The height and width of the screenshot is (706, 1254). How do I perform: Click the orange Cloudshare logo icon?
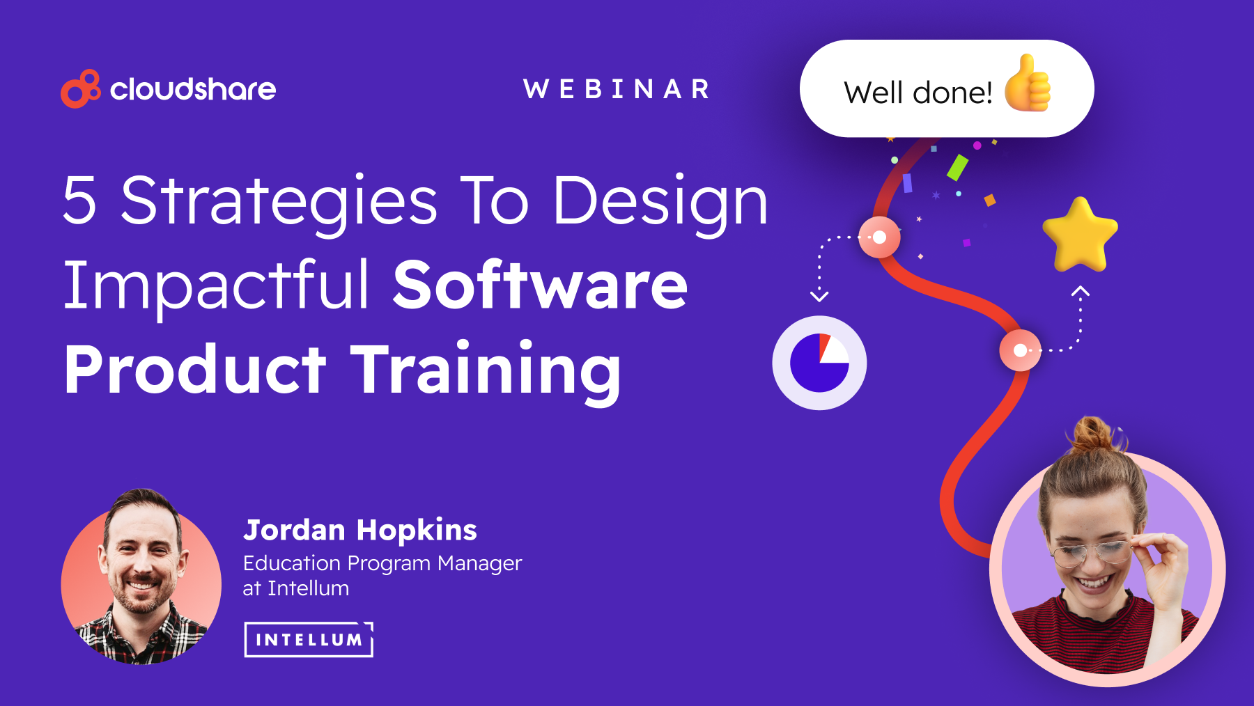(80, 89)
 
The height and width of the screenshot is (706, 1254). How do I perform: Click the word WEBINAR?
(617, 89)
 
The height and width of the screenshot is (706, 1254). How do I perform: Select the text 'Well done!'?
(918, 93)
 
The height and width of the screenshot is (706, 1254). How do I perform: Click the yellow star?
(1080, 235)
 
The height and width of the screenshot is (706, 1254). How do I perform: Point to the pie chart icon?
(819, 363)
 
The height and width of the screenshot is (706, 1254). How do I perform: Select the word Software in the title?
(541, 285)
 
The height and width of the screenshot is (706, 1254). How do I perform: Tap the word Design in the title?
(660, 202)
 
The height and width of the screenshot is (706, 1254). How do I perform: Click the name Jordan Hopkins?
(360, 530)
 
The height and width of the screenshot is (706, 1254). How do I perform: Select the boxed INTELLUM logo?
(309, 639)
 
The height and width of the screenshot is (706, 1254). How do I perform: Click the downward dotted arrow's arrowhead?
(819, 297)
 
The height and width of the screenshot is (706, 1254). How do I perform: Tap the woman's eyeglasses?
(1091, 554)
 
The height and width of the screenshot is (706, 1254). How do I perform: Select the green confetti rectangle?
(957, 168)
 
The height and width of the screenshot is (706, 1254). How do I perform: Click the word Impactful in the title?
(216, 285)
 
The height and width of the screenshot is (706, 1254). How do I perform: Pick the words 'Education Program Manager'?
(382, 563)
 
